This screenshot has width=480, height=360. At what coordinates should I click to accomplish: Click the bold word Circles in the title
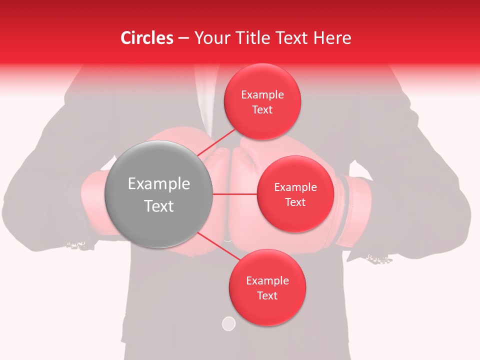(x=147, y=38)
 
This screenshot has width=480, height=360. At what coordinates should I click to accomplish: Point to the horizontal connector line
(x=235, y=194)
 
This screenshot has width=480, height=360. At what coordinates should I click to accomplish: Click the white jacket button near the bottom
(x=228, y=324)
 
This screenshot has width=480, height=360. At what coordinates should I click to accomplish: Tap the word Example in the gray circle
(x=159, y=184)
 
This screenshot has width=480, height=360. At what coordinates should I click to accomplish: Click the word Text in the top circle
(x=262, y=109)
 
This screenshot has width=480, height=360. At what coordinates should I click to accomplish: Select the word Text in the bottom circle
(x=267, y=295)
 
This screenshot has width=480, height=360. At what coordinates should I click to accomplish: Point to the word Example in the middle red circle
(x=295, y=187)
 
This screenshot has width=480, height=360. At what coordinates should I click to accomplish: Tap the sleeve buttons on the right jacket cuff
(x=378, y=258)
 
